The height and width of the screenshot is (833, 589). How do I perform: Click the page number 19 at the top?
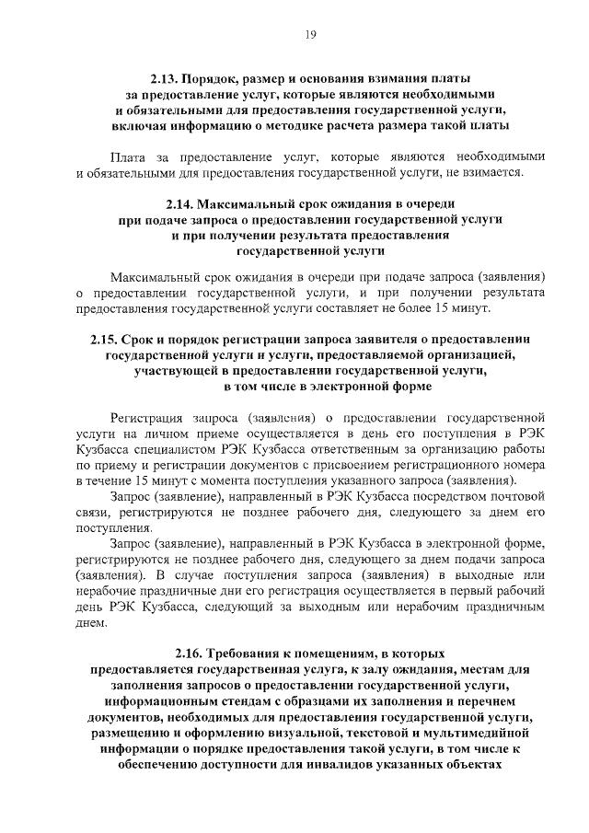pos(311,34)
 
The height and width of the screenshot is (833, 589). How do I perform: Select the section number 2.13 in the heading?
pos(167,80)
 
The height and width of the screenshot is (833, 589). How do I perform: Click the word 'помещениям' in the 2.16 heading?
pos(333,653)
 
